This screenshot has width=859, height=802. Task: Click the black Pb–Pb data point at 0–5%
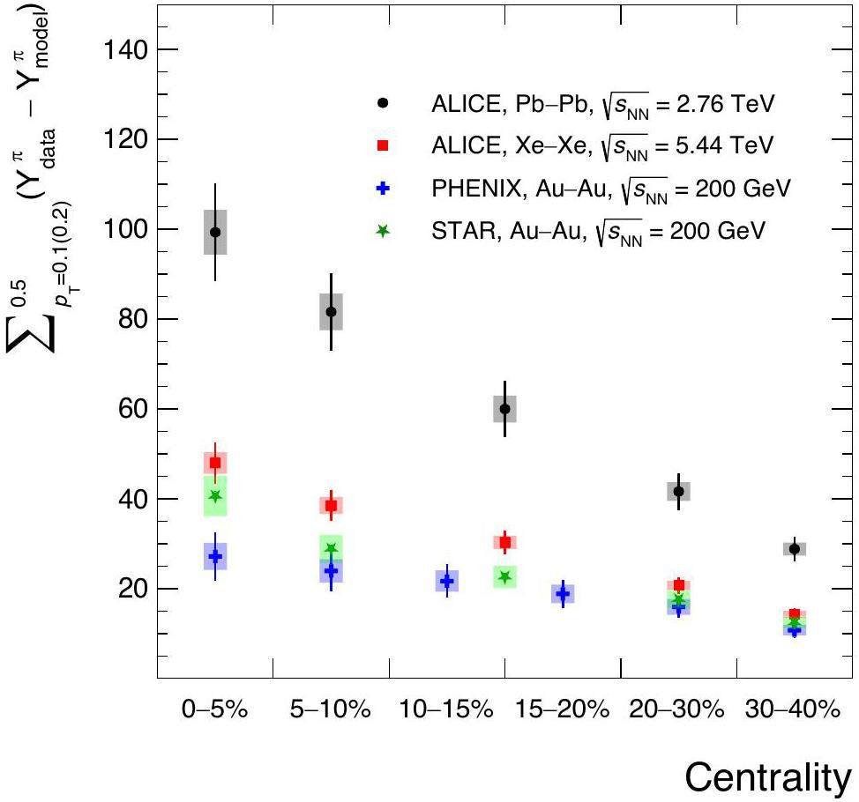click(215, 232)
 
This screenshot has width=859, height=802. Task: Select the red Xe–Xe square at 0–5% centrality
click(215, 463)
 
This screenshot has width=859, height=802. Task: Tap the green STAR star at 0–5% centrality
click(215, 496)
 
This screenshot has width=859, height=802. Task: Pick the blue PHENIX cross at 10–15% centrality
click(447, 581)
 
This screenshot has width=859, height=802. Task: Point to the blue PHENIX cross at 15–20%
click(563, 594)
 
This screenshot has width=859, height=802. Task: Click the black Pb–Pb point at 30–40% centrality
click(795, 548)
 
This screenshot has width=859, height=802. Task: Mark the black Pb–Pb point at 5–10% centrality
click(331, 311)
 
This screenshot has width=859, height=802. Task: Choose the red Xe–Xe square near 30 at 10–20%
click(504, 542)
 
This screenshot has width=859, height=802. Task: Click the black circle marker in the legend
click(382, 104)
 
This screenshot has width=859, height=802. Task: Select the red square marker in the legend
click(382, 145)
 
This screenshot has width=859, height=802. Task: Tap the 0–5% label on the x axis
click(215, 709)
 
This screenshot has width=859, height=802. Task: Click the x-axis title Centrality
click(767, 776)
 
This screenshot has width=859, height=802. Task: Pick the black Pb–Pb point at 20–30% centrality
click(678, 491)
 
